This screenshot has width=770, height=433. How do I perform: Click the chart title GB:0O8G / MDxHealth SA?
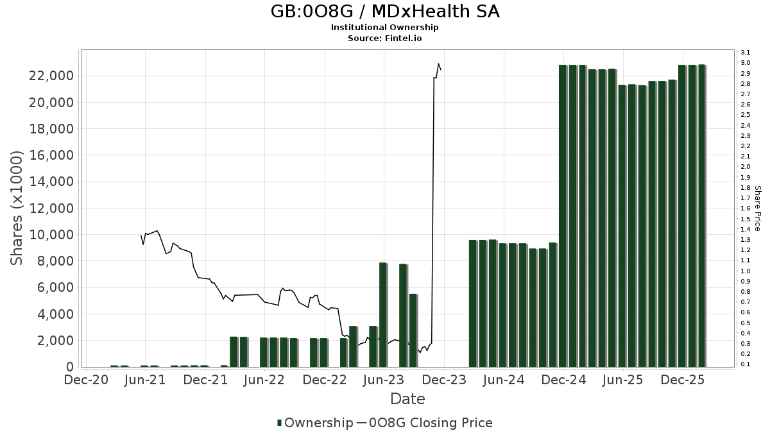384,12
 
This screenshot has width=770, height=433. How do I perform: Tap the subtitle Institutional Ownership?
384,28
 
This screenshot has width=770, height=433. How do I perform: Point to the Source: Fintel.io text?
384,38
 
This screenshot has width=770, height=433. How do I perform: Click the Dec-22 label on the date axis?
325,380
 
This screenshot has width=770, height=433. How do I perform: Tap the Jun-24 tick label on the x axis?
504,380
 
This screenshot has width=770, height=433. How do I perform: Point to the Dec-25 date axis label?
683,380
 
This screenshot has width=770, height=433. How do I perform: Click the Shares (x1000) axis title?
17,208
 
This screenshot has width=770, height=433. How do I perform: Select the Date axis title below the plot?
407,399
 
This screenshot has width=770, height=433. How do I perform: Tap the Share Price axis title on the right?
757,208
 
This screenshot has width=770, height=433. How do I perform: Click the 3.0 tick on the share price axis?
746,63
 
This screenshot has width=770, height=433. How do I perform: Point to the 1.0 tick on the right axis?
746,271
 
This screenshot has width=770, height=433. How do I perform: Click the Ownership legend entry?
314,423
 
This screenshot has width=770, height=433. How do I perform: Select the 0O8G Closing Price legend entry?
424,423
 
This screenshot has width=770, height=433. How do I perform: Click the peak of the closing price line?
438,64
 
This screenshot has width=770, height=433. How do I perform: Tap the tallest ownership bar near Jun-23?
383,314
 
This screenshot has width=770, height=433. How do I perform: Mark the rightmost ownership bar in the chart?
702,216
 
